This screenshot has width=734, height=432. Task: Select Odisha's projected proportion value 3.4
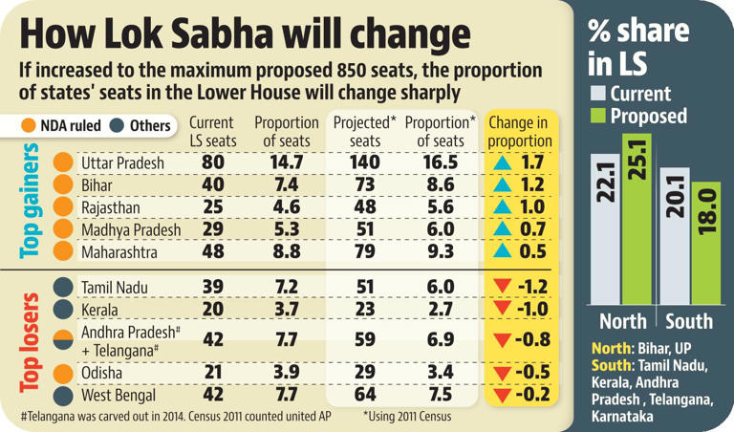click(441, 371)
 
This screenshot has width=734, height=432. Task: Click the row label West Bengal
click(119, 394)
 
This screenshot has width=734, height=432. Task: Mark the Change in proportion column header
click(520, 132)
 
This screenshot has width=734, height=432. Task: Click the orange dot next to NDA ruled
click(28, 125)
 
